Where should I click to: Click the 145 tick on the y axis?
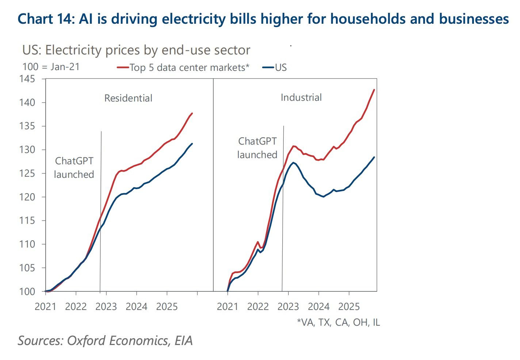(x=28, y=79)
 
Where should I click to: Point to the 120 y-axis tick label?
(x=28, y=197)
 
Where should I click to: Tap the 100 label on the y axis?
(x=28, y=292)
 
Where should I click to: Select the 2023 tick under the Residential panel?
(x=106, y=306)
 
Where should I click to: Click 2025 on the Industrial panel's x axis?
(x=349, y=306)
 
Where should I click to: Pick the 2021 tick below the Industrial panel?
(x=227, y=306)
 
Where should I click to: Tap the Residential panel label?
(x=128, y=98)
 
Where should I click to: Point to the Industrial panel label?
(x=301, y=97)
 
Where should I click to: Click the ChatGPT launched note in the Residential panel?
(x=74, y=168)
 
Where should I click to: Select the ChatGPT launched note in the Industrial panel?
(x=257, y=148)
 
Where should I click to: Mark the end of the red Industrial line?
(x=374, y=89)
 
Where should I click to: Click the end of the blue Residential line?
(x=192, y=143)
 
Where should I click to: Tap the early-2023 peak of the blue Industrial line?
(x=293, y=162)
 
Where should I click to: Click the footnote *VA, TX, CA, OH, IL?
(x=338, y=322)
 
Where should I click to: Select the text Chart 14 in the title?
(x=46, y=19)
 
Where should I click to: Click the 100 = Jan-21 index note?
(x=51, y=67)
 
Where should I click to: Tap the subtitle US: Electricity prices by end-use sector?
(x=136, y=50)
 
